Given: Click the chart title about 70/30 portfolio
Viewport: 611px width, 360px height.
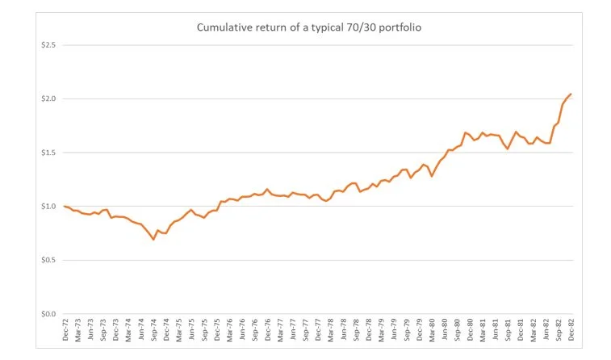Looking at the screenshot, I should pyautogui.click(x=310, y=27).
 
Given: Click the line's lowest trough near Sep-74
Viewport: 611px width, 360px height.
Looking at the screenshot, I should pyautogui.click(x=153, y=240).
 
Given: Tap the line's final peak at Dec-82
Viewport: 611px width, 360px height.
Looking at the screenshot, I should pyautogui.click(x=571, y=94).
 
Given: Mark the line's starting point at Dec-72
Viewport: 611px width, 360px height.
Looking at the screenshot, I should pyautogui.click(x=65, y=206).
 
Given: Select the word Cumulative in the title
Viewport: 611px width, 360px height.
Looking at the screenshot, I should pyautogui.click(x=224, y=27).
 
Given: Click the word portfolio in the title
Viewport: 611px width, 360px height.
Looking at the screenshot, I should pyautogui.click(x=401, y=27).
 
